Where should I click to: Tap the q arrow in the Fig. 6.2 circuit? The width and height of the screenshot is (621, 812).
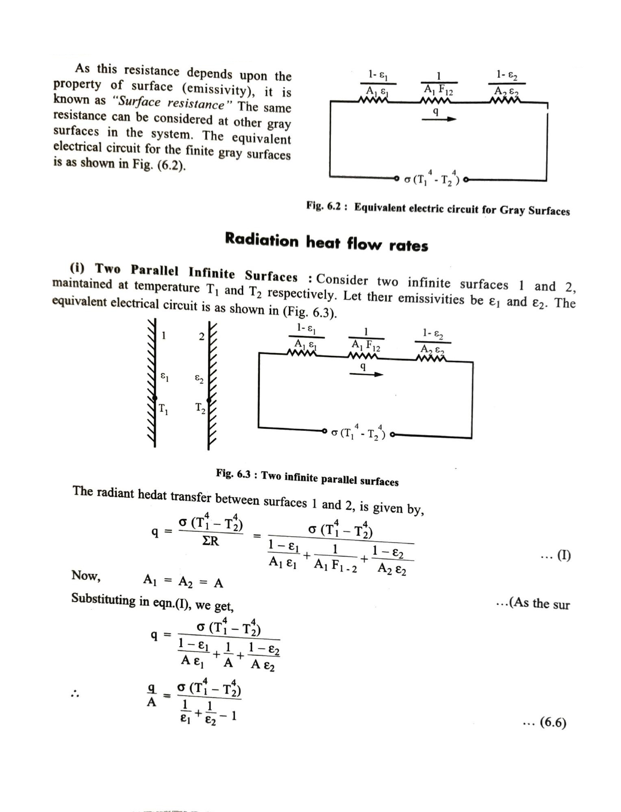pos(439,119)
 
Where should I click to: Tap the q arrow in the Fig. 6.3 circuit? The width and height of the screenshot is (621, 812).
pos(366,374)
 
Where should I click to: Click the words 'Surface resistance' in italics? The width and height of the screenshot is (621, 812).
pos(171,104)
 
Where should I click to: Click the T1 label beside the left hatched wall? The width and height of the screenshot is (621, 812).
pos(163,409)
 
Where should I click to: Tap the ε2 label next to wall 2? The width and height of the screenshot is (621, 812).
pos(199,379)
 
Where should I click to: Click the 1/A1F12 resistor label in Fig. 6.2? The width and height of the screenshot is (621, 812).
pos(438,83)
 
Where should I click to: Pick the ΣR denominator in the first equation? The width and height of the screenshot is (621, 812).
pos(210,541)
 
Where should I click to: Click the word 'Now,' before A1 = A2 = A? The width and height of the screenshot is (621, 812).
pos(86,575)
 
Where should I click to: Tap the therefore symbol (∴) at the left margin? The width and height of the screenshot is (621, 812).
pos(74,694)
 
